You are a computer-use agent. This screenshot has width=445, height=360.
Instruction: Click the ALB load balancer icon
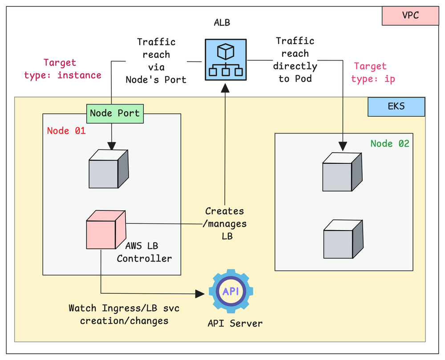225,60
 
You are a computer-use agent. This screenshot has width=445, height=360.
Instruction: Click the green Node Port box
115,113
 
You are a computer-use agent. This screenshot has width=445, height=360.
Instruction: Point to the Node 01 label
66,131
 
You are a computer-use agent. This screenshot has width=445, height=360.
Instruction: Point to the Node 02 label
390,143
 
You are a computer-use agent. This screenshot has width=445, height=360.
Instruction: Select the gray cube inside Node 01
109,169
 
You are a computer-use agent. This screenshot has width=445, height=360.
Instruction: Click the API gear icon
231,291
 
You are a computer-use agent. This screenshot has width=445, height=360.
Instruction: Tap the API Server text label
235,323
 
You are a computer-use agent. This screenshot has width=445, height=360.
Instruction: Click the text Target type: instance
62,69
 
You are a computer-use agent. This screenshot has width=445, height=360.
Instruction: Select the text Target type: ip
372,73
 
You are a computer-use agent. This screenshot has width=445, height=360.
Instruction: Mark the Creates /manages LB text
226,223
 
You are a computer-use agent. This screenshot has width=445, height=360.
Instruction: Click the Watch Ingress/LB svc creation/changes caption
124,314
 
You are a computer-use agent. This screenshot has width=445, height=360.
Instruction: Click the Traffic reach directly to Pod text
295,60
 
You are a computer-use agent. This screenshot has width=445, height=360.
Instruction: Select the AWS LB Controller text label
144,252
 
